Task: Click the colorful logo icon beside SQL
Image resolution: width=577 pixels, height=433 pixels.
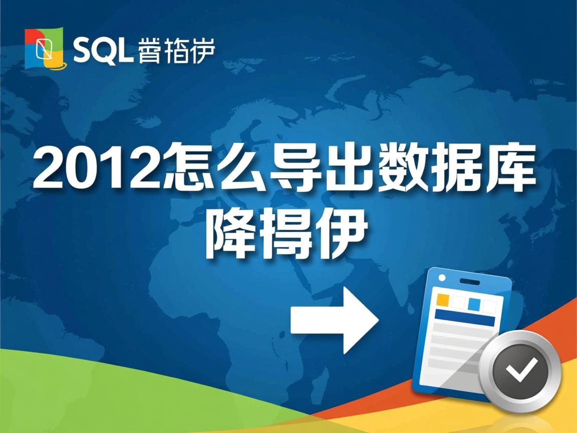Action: (45, 48)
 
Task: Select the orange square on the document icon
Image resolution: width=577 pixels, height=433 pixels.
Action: (443, 300)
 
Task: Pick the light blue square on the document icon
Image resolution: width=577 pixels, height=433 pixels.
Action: (474, 304)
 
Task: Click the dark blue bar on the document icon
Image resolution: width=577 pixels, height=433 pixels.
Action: (464, 317)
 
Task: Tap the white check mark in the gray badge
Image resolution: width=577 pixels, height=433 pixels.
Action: (521, 371)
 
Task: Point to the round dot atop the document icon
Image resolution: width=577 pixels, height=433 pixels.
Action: (442, 277)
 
